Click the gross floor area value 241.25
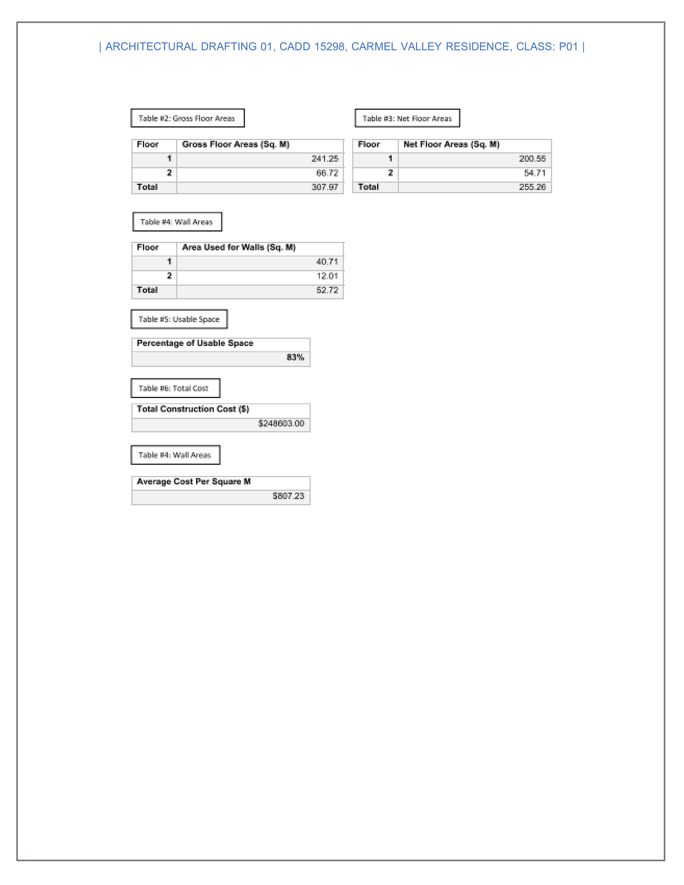[324, 159]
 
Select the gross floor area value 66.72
[327, 173]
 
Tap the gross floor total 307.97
[324, 187]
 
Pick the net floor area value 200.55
[532, 159]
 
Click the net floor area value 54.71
[535, 173]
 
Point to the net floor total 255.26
[532, 187]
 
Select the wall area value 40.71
[327, 262]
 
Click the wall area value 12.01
[327, 276]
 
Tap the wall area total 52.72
[327, 290]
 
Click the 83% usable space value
[295, 357]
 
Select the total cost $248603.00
[281, 423]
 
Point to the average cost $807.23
[288, 496]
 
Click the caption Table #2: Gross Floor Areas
[187, 118]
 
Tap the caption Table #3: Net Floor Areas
[407, 118]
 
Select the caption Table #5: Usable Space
[179, 319]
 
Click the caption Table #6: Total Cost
[173, 388]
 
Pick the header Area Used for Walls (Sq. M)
[239, 247]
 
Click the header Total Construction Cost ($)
[193, 409]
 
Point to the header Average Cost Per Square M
[194, 482]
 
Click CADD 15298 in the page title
[312, 47]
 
